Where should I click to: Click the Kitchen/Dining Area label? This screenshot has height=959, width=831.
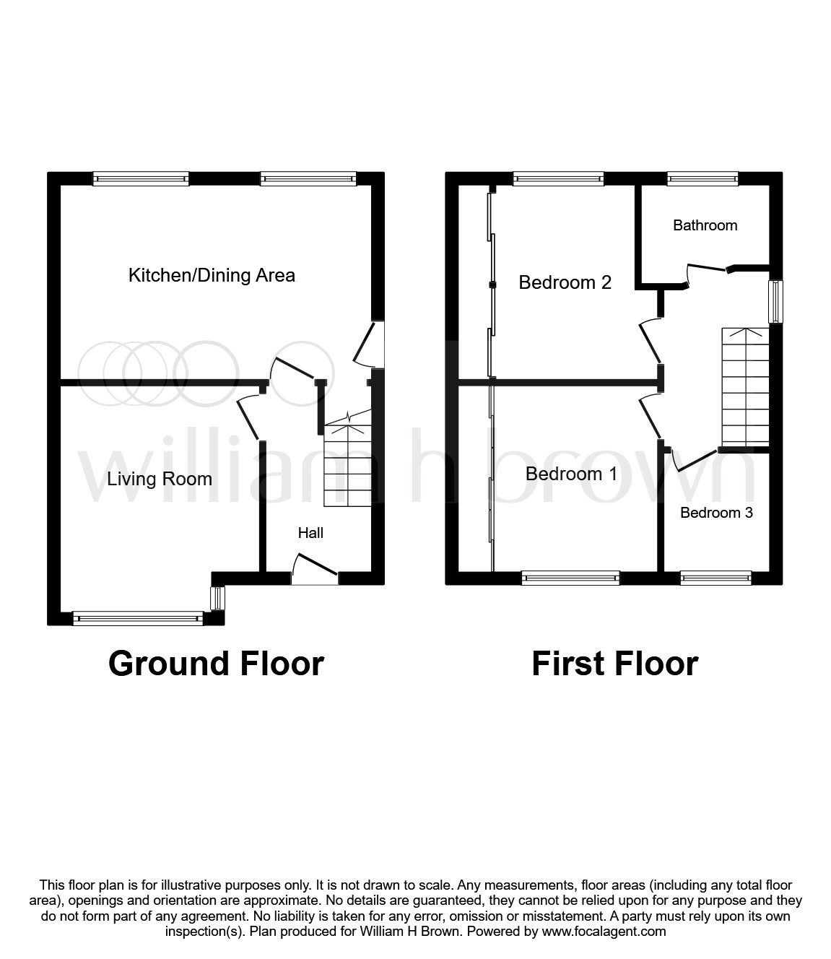(212, 276)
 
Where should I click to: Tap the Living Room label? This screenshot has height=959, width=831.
(160, 479)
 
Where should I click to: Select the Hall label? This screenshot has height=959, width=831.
(310, 533)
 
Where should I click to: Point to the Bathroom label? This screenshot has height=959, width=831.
(705, 225)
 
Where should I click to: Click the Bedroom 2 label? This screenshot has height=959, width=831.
(565, 282)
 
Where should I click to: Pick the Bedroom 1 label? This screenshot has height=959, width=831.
(571, 474)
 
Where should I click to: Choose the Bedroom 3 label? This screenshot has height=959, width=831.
(716, 513)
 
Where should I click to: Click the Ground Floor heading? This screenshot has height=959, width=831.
(216, 664)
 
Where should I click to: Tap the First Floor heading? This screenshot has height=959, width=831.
(615, 664)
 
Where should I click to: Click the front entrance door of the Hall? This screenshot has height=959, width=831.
(315, 567)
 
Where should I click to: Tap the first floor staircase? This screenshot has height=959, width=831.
(745, 387)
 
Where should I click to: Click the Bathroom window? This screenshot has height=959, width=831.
(702, 178)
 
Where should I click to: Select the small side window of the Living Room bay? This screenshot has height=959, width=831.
(217, 599)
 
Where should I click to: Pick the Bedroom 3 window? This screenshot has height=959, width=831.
(716, 578)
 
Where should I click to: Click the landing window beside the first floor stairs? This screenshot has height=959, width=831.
(776, 301)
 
